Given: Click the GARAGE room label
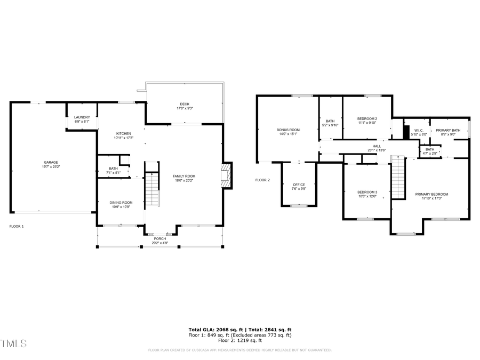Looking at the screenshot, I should coord(51,162).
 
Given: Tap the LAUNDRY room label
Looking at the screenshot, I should coord(82,117).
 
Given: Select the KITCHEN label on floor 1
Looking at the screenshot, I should coord(123,133).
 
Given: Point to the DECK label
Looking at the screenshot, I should coord(185,104).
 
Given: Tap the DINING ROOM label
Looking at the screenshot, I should coord(121,203).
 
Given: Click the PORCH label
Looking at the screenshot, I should coord(160,238).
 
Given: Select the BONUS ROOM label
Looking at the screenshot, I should coord(288,130).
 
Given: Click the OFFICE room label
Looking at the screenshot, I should coord(299,185).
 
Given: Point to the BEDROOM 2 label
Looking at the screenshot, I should coord(367,118).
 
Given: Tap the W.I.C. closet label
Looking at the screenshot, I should coord(419,130).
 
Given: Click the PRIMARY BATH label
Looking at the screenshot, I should coord(448,130).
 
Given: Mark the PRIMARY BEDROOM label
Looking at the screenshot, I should coord(431,194).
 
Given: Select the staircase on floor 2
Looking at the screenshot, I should coord(398,177).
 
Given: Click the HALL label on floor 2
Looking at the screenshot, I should coord(377,146).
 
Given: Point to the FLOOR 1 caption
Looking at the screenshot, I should coord(17,226).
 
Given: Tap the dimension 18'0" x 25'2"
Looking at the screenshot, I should coord(184,180).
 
